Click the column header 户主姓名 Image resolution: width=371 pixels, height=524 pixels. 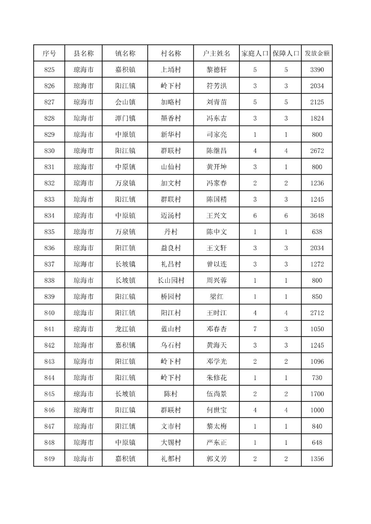pos(216,53)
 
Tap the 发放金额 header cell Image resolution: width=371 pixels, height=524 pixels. pos(317,53)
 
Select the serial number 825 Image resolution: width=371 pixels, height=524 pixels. pos(49,70)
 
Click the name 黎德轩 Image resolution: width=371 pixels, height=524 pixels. pos(216,70)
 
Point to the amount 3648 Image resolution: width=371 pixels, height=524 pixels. pos(317,216)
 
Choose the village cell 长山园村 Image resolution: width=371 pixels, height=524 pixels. pos(171,280)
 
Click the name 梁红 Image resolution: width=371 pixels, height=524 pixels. pos(216,296)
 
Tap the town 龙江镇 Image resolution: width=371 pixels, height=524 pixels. pos(125,329)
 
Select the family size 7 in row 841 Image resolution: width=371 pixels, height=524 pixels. pos(255,329)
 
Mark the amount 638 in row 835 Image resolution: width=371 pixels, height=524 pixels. pos(317,232)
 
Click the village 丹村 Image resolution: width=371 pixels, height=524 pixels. pos(171,232)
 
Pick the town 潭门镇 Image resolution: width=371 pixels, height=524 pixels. pos(125,118)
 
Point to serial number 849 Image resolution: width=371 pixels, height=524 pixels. pos(49,459)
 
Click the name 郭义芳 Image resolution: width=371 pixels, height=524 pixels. pos(216,459)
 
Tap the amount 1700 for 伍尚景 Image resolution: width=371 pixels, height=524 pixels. pos(317,394)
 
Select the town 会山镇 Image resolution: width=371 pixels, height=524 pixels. pos(125,102)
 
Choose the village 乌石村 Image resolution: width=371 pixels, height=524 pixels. pos(171,345)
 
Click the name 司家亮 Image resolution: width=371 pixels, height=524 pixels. pos(216,135)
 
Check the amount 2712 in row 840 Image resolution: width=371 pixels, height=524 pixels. pos(317,313)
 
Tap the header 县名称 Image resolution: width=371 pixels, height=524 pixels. pos(83,53)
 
